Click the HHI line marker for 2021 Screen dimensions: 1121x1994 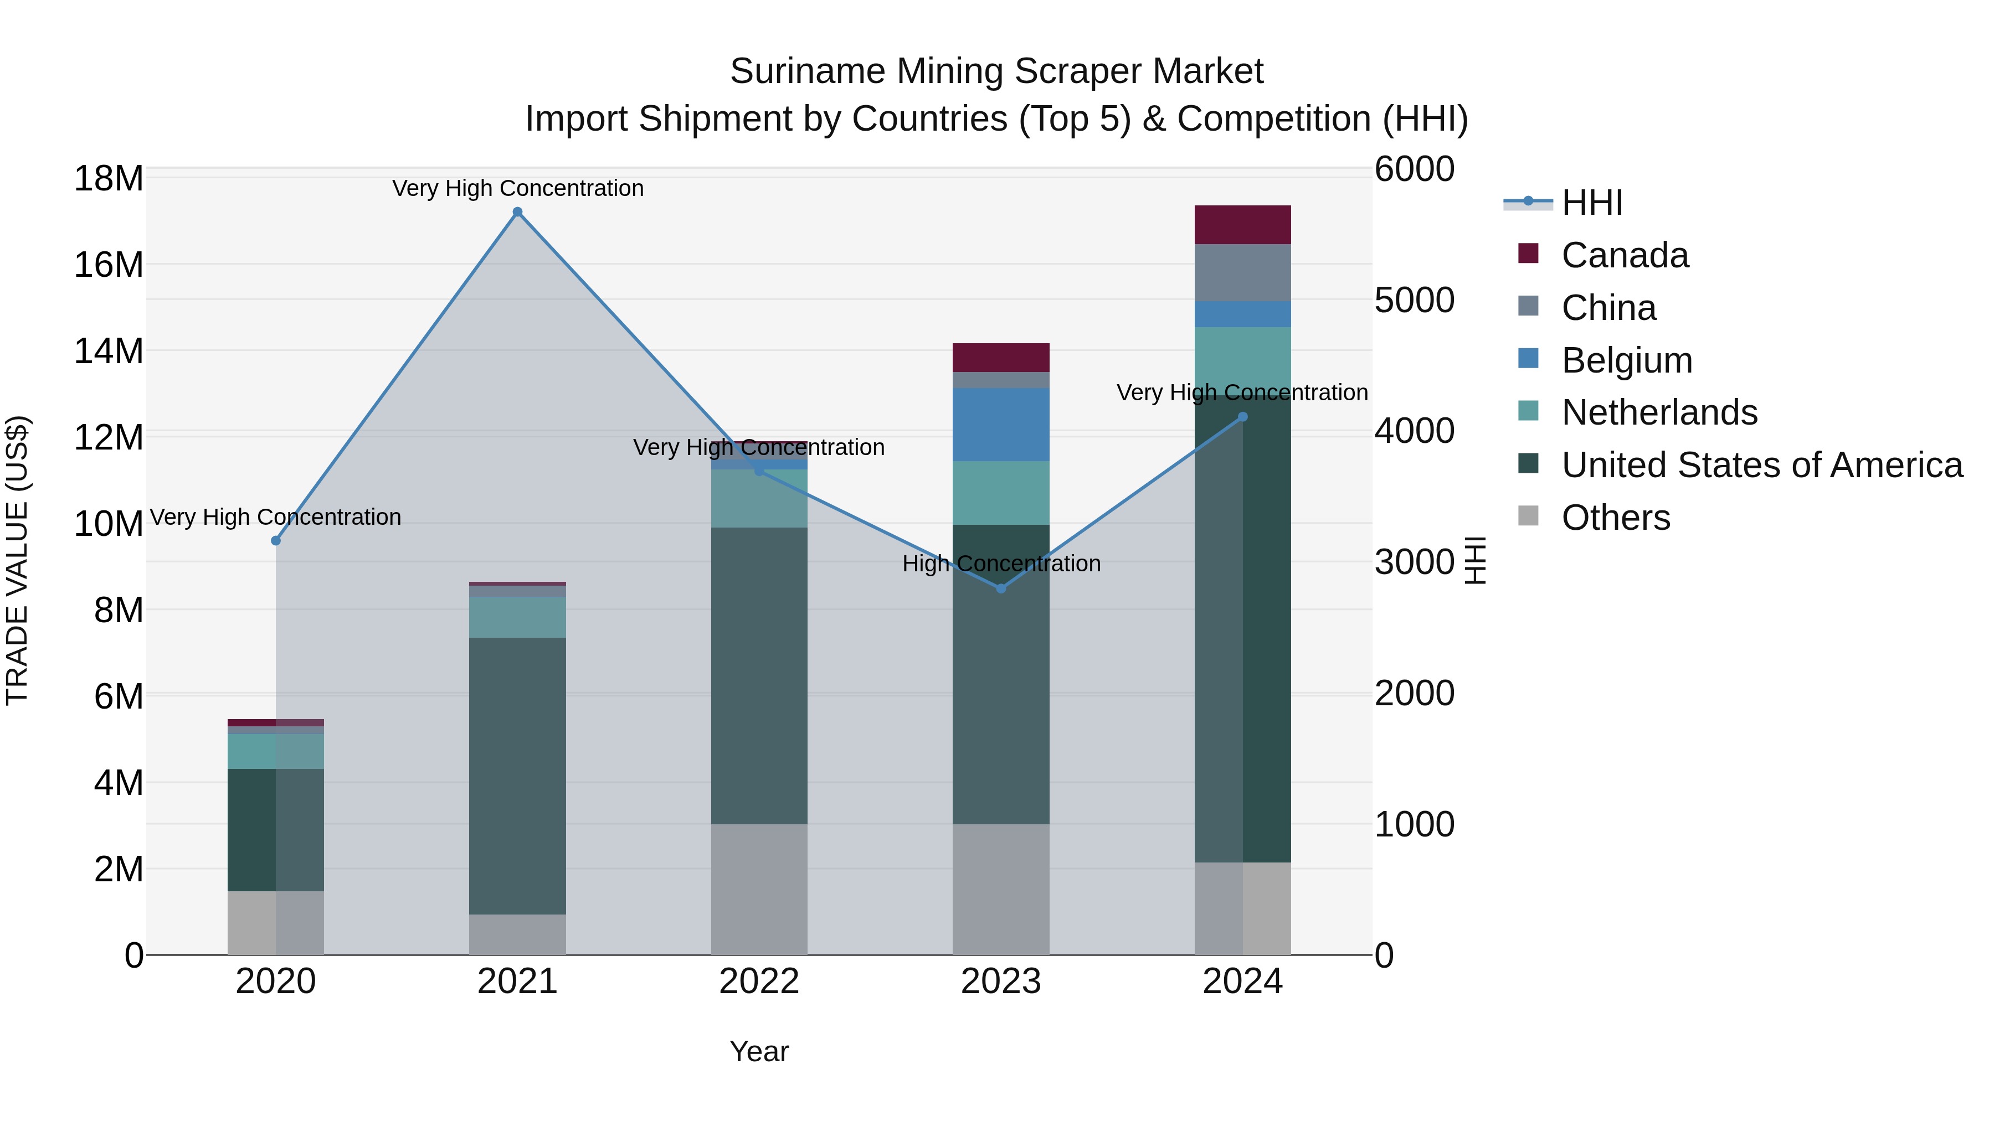point(518,212)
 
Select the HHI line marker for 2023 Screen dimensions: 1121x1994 point(1001,589)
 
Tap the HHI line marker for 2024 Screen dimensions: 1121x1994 point(1242,417)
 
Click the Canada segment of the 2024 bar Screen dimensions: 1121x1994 point(1242,225)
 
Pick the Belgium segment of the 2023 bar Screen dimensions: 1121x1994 point(1001,425)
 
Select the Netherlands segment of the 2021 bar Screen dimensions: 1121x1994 point(518,617)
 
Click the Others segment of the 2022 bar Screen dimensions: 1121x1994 point(759,889)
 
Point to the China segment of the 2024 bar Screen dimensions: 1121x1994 point(1242,272)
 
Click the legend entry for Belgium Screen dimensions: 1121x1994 point(1626,360)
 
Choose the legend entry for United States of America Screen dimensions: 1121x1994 point(1761,465)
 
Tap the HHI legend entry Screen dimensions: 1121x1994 point(1591,203)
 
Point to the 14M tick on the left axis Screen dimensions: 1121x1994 point(109,351)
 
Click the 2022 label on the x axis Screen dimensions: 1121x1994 point(759,981)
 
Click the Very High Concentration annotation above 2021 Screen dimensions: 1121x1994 point(518,189)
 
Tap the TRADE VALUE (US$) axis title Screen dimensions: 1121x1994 point(17,561)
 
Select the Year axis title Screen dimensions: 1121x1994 point(759,1051)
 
